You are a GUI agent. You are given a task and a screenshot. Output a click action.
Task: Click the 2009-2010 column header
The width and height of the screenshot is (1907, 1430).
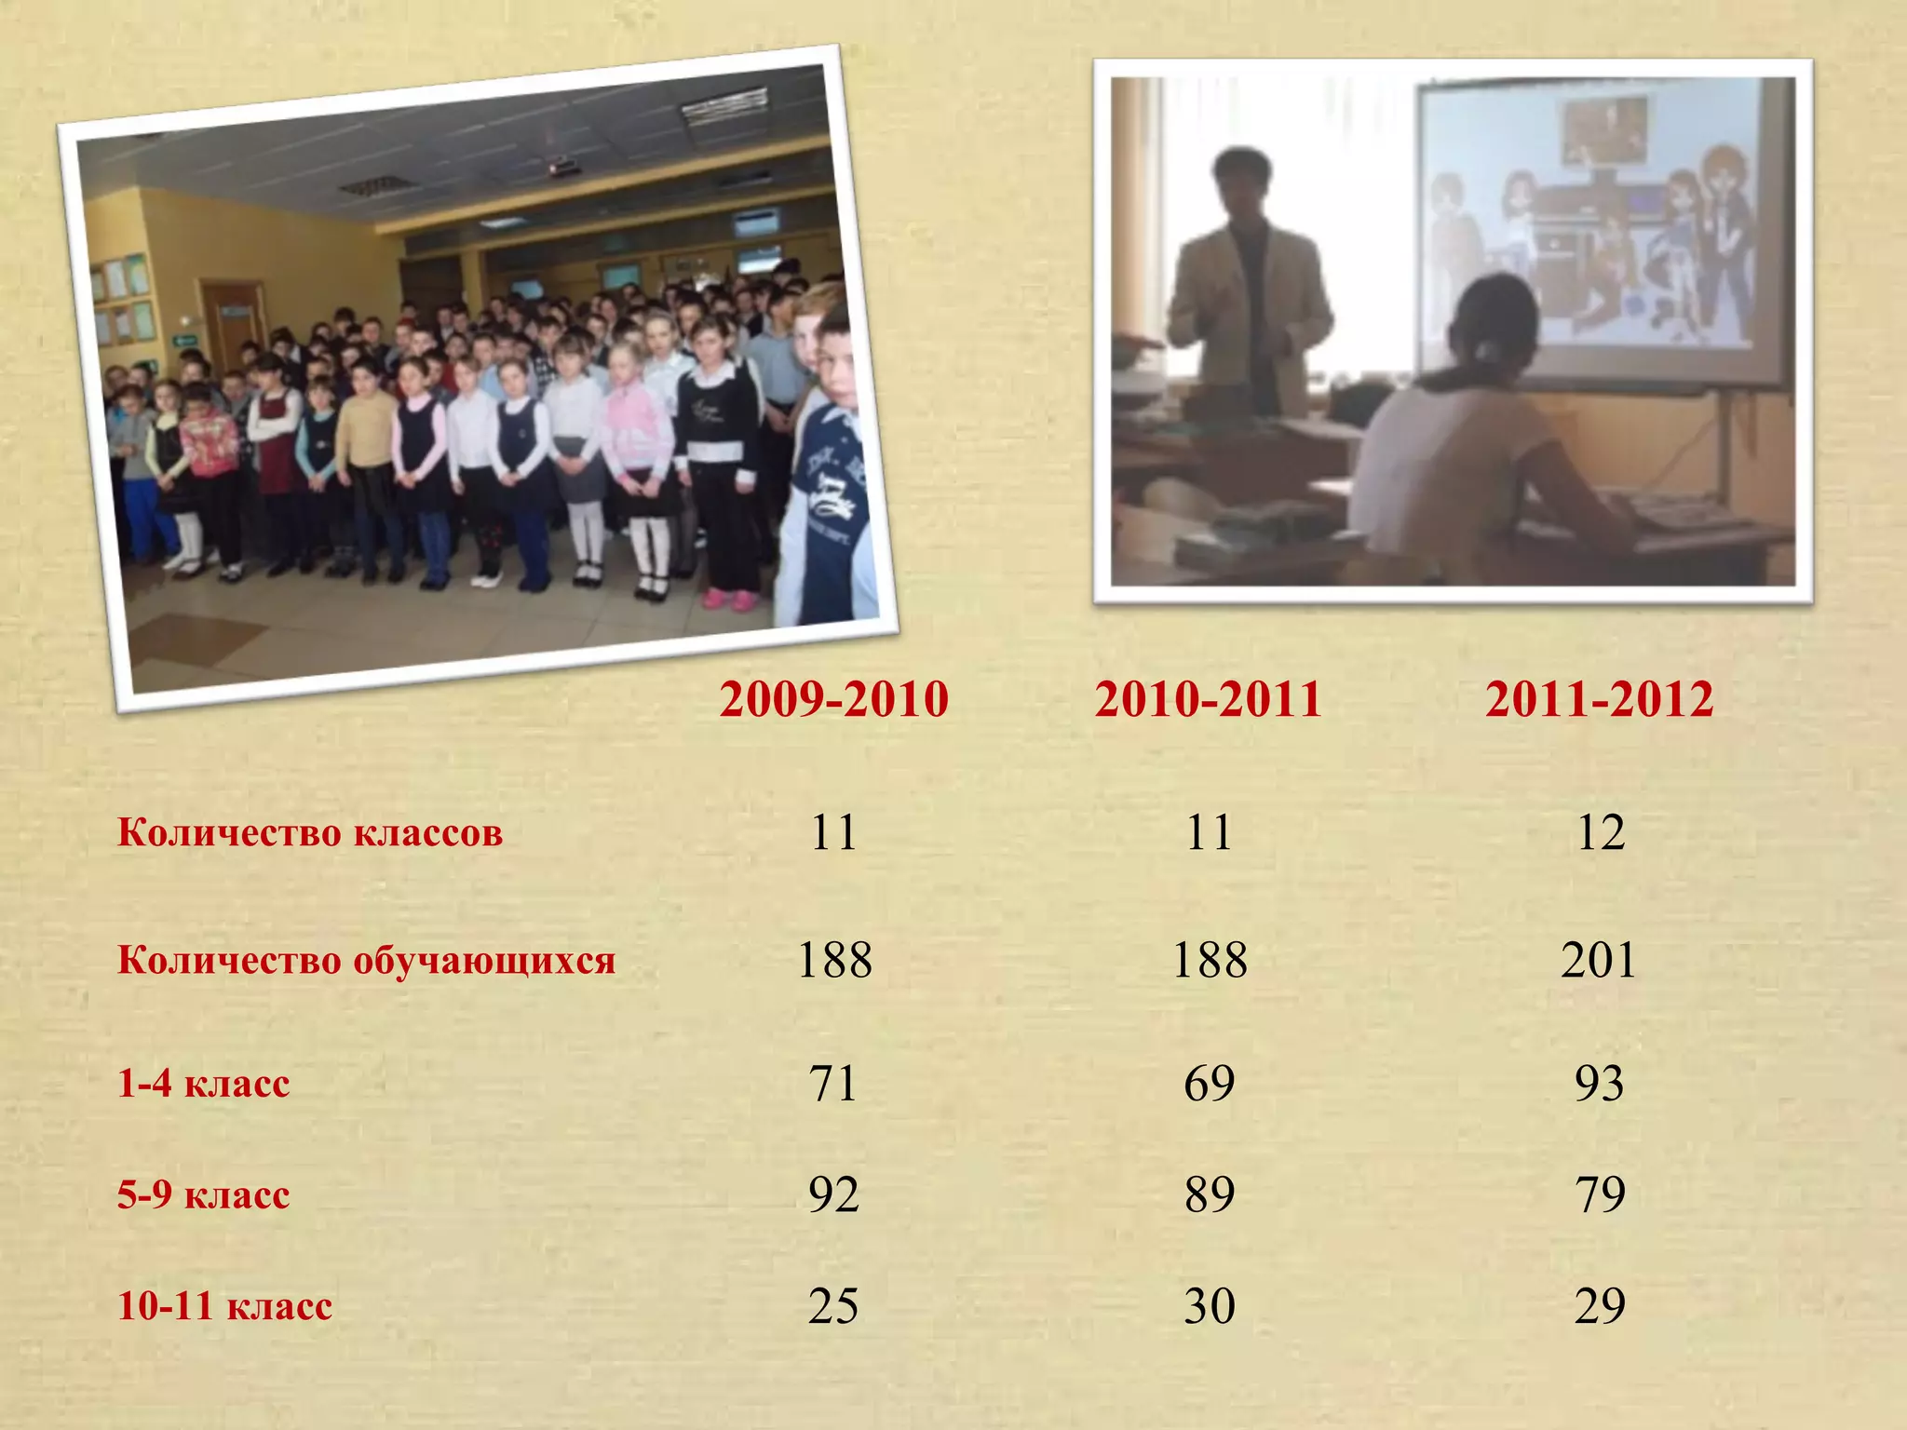[833, 699]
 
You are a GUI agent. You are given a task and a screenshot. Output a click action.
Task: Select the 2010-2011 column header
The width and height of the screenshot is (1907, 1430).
[1208, 699]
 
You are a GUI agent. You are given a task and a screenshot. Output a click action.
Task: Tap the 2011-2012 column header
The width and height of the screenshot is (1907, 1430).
[1599, 699]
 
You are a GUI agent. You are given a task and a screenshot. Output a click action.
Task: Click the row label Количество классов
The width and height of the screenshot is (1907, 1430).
[310, 832]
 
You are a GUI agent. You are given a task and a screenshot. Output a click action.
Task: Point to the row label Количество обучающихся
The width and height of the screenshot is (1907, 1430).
[366, 960]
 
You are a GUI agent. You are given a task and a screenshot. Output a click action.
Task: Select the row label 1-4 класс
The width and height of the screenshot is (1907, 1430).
[203, 1084]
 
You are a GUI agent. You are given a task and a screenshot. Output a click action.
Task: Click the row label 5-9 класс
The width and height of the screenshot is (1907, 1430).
[203, 1194]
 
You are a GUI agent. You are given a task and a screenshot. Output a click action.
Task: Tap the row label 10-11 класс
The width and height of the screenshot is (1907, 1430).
[224, 1306]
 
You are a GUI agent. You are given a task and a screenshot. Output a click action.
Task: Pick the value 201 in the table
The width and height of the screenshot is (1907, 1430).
[1599, 960]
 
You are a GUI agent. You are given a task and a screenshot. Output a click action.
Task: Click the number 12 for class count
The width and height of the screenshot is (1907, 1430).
[1600, 832]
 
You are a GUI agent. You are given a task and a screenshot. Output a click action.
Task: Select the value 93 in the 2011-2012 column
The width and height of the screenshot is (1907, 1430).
[1599, 1083]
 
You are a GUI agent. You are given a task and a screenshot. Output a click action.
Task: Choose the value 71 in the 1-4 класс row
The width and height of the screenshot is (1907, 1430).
[832, 1083]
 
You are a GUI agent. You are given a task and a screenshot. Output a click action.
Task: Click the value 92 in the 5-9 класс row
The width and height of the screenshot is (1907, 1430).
[833, 1194]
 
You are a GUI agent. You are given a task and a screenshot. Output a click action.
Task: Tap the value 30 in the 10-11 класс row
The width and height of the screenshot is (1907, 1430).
[1209, 1305]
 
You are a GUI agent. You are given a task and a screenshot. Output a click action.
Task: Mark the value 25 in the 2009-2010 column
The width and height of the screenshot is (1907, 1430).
[833, 1305]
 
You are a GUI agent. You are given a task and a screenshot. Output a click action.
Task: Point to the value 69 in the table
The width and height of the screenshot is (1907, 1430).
[1209, 1083]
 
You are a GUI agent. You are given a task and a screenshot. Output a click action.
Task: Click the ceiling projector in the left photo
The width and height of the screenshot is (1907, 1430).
[564, 167]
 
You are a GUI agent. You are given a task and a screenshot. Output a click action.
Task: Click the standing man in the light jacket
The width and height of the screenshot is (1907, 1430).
[1248, 289]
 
